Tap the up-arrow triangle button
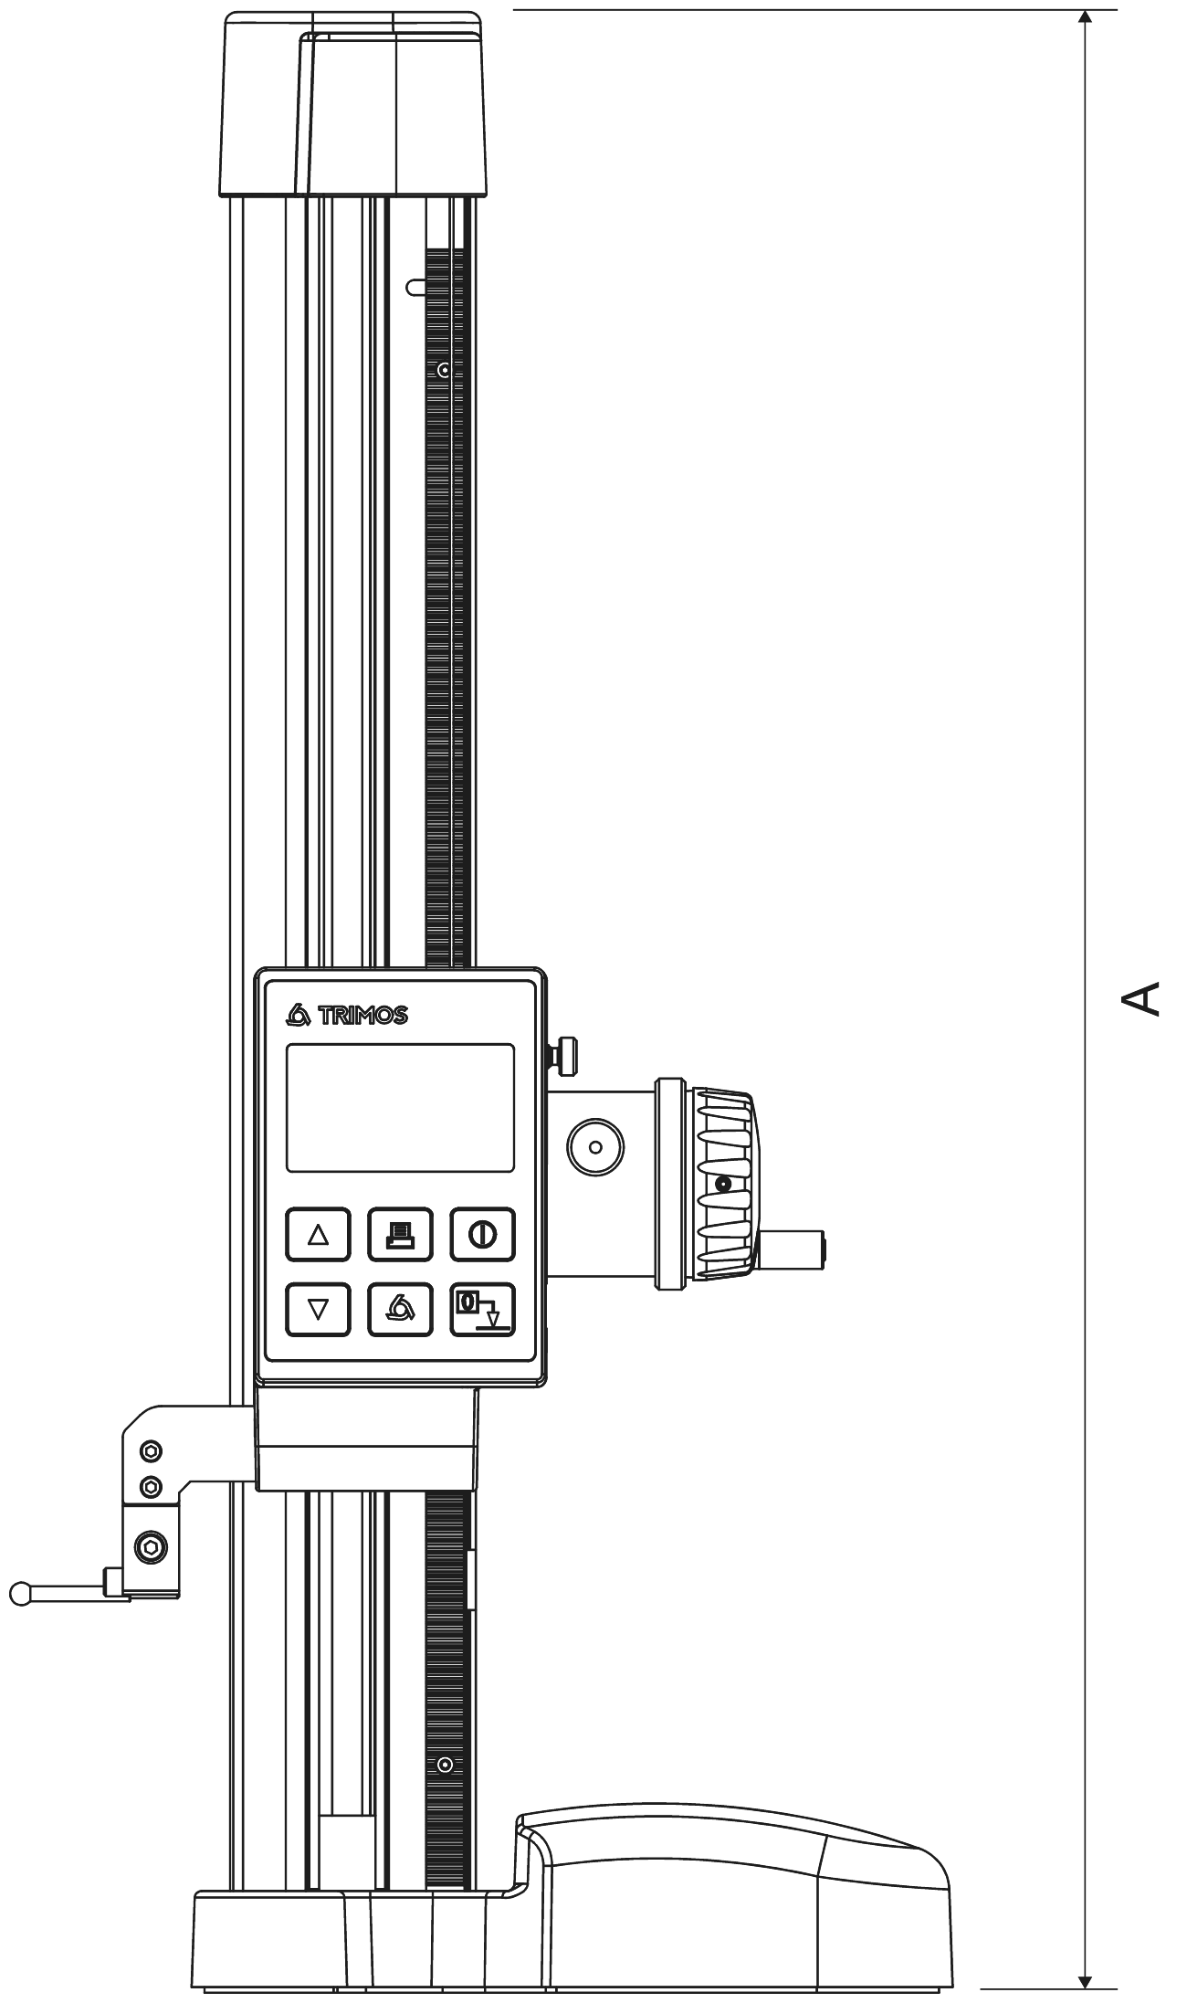(x=318, y=1235)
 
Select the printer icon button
(x=400, y=1235)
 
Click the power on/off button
(x=482, y=1235)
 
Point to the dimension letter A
(x=1140, y=997)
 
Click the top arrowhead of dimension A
(x=1085, y=18)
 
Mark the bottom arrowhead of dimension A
(x=1085, y=1977)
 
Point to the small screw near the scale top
(x=444, y=371)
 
